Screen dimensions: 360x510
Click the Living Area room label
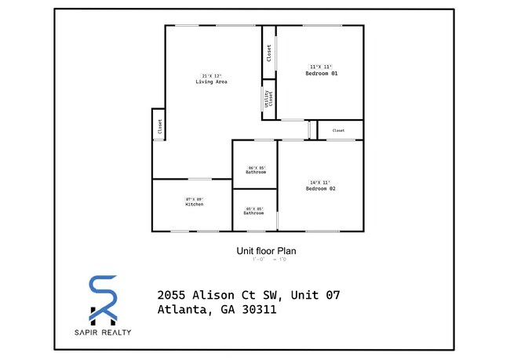tap(211, 82)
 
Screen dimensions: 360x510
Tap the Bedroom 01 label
tap(321, 73)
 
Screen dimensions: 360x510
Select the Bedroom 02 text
tap(321, 189)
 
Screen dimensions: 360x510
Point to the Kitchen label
tap(195, 205)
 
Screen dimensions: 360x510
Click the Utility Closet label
tap(268, 99)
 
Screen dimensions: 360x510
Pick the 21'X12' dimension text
tap(211, 75)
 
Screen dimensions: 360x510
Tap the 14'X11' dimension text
tap(321, 183)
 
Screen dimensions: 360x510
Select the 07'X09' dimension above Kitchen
tap(195, 199)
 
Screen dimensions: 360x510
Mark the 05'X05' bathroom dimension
tap(253, 208)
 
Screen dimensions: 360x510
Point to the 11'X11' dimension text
tap(321, 67)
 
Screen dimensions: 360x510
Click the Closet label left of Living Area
tap(159, 127)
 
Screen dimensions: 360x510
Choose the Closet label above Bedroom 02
tap(338, 130)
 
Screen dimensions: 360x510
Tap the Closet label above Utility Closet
tap(268, 53)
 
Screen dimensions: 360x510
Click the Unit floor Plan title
tap(266, 251)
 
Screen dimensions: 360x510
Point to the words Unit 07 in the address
tap(315, 295)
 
